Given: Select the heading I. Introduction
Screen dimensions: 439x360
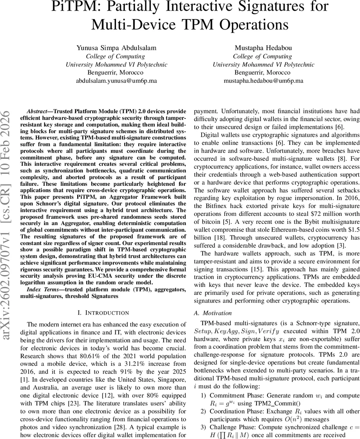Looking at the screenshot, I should click(104, 313).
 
